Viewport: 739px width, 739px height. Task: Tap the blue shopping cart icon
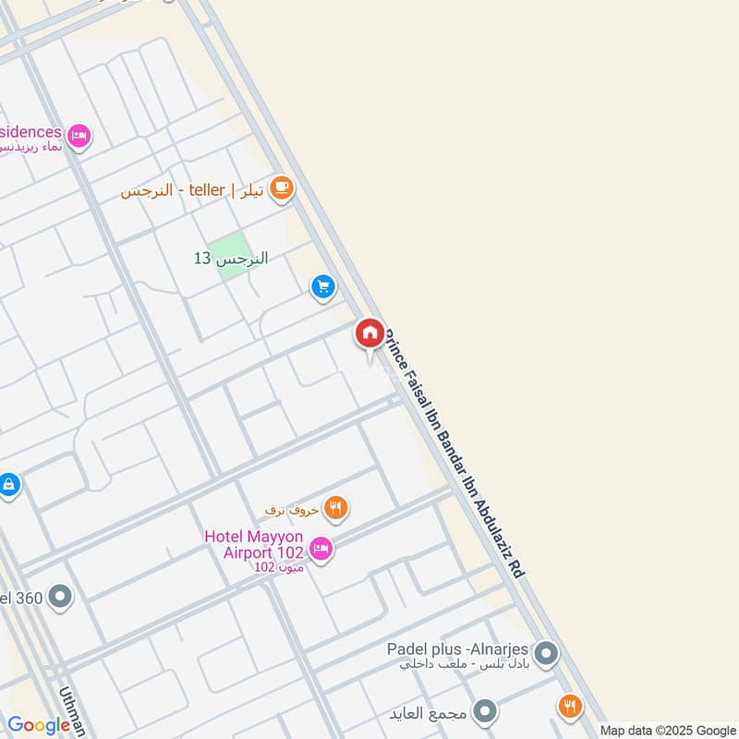click(322, 286)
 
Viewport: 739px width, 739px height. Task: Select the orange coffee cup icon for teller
click(281, 189)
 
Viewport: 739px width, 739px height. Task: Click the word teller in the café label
click(207, 190)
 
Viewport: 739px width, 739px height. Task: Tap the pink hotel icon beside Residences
click(79, 136)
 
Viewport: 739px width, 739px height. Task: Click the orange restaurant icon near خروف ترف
click(336, 507)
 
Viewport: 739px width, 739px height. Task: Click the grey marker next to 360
click(61, 597)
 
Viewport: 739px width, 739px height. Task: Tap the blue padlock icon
click(8, 483)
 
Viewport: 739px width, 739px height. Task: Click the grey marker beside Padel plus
click(546, 655)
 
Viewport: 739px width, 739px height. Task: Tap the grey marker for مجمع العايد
click(484, 711)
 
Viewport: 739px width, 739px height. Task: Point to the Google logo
click(39, 726)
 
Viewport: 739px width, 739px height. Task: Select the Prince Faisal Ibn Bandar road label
click(455, 453)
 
